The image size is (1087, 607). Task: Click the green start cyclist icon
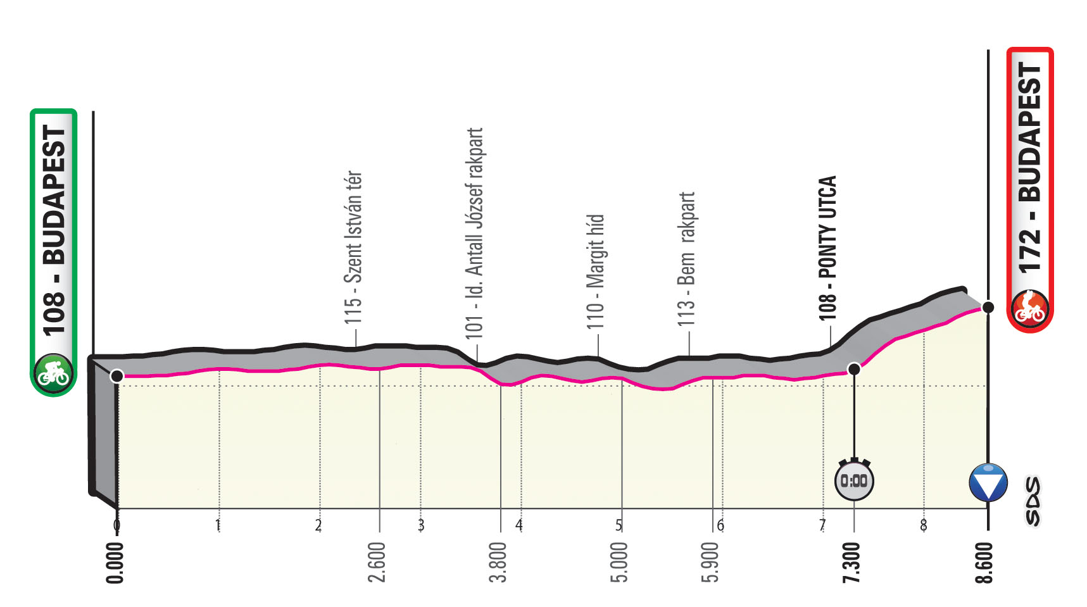[54, 373]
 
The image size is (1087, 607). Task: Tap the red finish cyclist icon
[1030, 309]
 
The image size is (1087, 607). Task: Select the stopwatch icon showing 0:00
[854, 480]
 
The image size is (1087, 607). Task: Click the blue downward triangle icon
[988, 482]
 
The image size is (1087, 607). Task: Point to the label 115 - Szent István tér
[353, 247]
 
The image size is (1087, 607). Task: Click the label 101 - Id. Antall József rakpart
[474, 233]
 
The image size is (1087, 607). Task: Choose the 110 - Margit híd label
[596, 272]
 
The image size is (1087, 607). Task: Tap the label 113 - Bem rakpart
[686, 259]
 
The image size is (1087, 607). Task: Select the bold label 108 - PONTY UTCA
[827, 247]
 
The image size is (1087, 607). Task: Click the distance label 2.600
[377, 562]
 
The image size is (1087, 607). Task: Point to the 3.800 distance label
[499, 562]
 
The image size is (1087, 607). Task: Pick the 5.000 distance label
[620, 562]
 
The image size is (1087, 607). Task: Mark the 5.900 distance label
[712, 562]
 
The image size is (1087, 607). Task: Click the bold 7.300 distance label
[853, 562]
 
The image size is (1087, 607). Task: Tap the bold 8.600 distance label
[985, 562]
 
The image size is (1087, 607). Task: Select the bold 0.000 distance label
[115, 562]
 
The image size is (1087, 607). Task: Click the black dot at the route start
[116, 376]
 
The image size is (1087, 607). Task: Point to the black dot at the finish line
[988, 308]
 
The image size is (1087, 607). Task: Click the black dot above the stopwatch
[854, 368]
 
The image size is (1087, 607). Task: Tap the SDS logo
[1033, 501]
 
